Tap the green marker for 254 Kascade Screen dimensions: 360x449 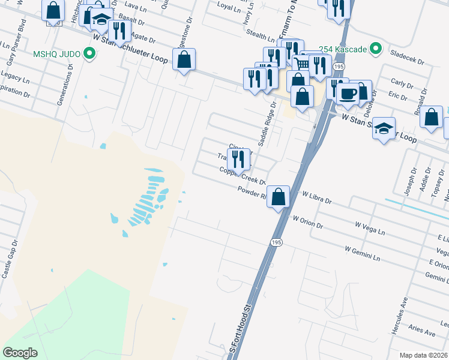(x=376, y=48)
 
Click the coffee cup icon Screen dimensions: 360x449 (x=348, y=94)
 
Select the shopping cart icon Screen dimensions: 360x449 (x=302, y=64)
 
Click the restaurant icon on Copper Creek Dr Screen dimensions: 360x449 (x=238, y=159)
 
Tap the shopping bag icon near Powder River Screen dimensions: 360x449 (x=279, y=197)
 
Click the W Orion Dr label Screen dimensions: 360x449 (x=307, y=223)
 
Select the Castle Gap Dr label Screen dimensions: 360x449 (x=10, y=260)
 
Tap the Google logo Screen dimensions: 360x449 (x=20, y=353)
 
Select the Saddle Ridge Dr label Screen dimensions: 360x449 (x=267, y=124)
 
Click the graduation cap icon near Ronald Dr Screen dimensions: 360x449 (x=384, y=128)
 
